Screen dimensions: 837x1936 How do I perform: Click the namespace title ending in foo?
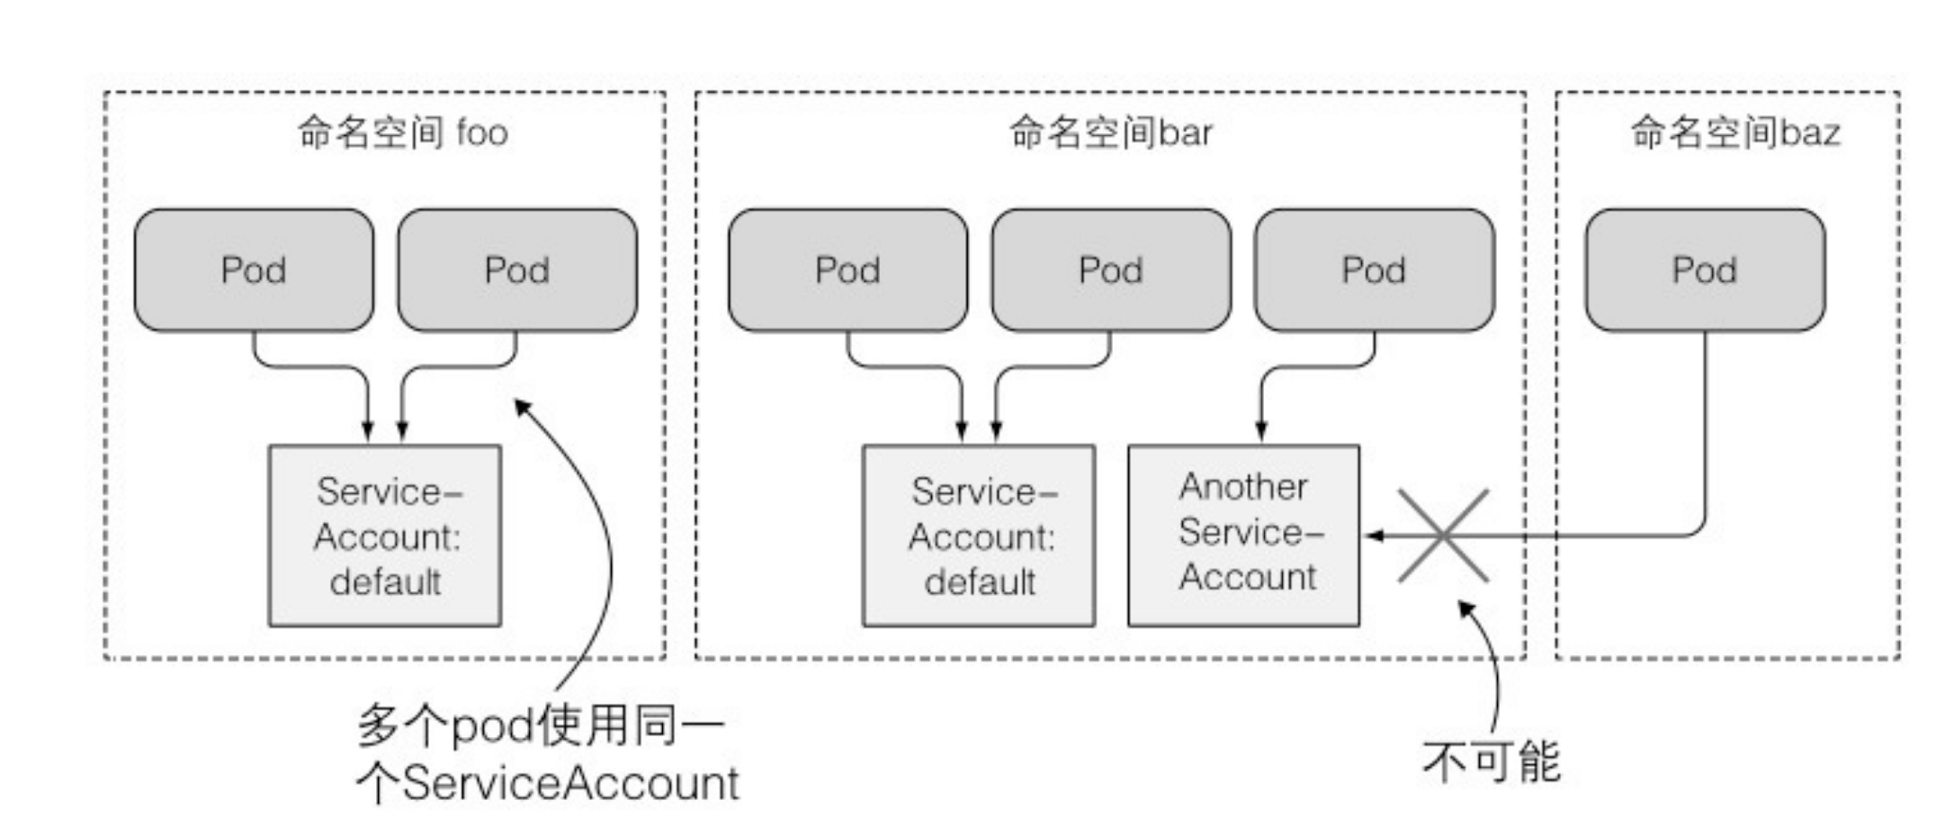[403, 133]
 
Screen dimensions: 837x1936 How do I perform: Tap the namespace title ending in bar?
[1110, 133]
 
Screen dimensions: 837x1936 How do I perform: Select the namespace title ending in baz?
[1735, 133]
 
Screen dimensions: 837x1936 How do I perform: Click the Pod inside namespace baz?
[1705, 270]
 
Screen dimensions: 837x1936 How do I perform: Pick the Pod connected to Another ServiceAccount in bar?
[1374, 270]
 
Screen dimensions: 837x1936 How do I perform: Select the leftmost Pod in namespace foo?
[254, 270]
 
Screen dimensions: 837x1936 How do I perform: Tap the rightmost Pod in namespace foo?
[516, 270]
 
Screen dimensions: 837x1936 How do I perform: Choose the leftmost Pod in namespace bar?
[847, 270]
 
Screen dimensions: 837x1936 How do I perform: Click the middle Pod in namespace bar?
[1111, 270]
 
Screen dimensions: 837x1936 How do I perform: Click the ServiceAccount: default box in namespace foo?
[385, 535]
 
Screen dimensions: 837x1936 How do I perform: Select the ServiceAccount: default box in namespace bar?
[979, 535]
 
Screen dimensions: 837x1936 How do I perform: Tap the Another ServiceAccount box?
[1244, 535]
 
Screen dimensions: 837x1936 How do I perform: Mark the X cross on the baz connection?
[1442, 535]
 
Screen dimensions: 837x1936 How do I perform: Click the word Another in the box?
[1244, 487]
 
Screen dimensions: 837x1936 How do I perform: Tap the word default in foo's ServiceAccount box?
[385, 582]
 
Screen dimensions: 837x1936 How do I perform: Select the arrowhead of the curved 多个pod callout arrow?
[520, 405]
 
